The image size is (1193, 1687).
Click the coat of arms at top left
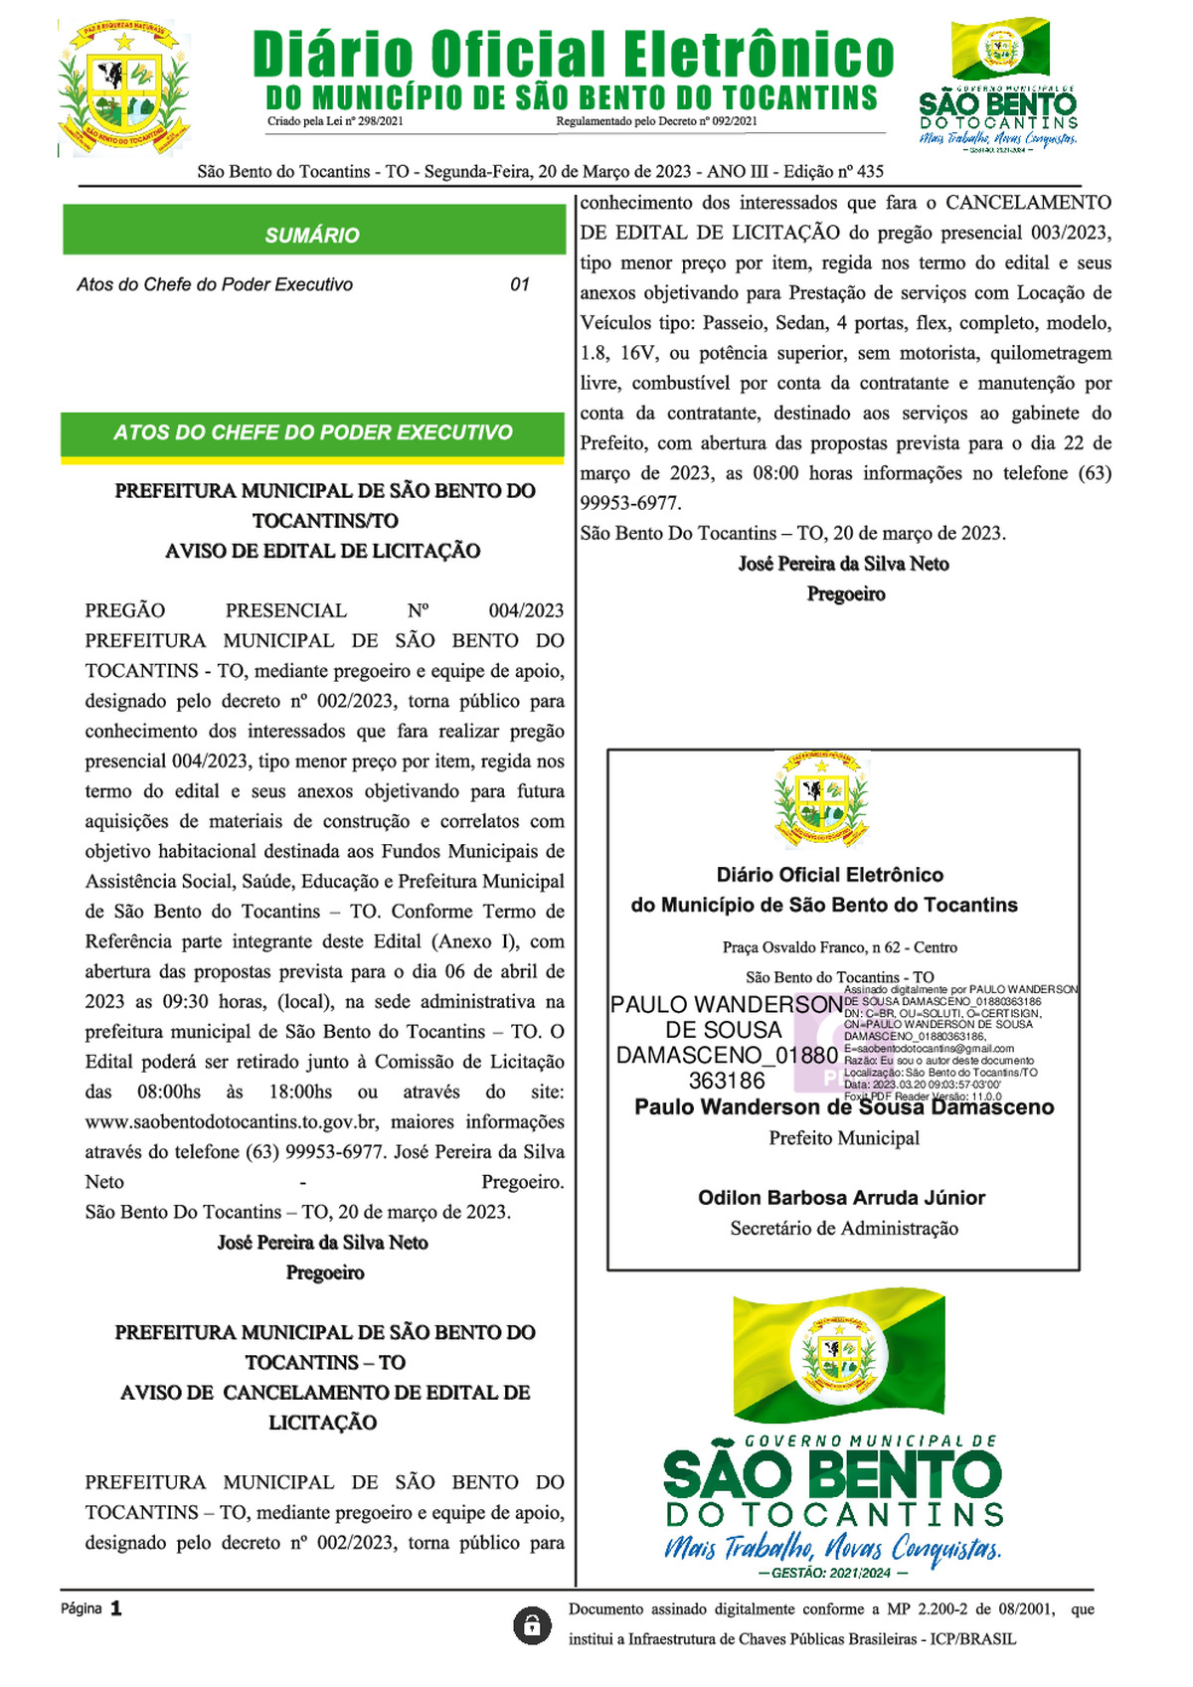pos(123,88)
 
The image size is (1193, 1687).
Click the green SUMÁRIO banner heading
pos(312,236)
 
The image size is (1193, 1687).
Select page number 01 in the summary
pos(520,284)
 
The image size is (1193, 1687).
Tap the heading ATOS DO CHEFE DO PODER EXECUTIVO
pos(312,432)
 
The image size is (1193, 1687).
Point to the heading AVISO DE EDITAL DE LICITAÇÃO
pos(323,551)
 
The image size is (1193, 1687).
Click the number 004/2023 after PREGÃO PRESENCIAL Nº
pos(526,610)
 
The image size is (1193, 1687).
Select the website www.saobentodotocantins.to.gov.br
pos(232,1121)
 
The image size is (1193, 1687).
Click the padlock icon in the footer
pos(532,1625)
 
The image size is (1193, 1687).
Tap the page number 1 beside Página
pos(116,1608)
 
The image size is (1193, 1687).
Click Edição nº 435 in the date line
pos(833,171)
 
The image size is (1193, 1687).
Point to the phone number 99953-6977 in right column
pos(629,503)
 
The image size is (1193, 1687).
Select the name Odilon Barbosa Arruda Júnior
pos(841,1198)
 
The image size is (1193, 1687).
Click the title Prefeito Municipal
pos(844,1138)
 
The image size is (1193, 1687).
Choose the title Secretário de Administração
pos(844,1229)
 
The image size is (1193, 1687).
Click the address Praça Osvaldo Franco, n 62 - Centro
pos(840,947)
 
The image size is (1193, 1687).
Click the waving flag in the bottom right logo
pos(838,1354)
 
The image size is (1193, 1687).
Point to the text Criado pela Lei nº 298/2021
pos(335,121)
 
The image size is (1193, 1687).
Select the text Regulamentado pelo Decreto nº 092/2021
pos(656,121)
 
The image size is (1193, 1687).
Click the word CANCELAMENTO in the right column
pos(1028,203)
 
